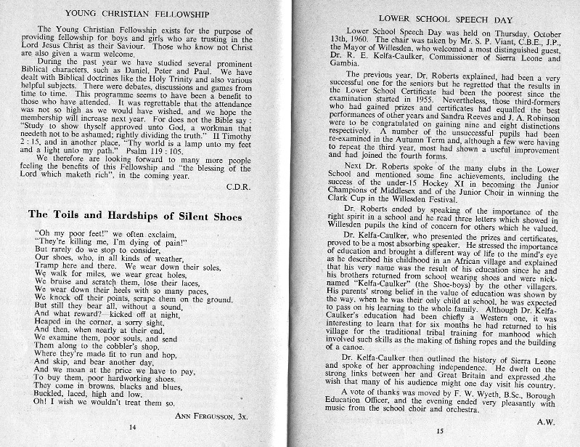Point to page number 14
click(x=132, y=428)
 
